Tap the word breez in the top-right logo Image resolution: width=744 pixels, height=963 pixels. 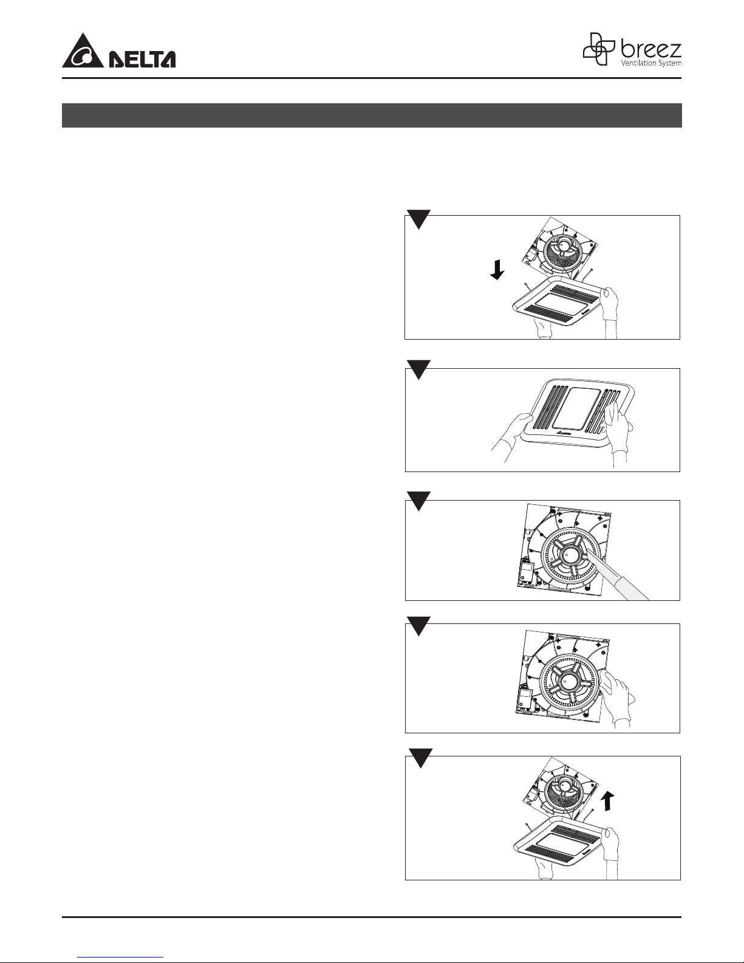point(650,49)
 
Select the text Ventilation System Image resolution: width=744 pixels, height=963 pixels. point(651,63)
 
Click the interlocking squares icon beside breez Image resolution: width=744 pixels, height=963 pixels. point(599,49)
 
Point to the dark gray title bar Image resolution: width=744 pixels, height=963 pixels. point(372,115)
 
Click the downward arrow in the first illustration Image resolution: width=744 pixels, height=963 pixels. point(497,270)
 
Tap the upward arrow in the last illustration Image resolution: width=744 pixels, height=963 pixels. point(609,801)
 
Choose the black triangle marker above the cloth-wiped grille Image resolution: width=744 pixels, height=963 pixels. point(418,369)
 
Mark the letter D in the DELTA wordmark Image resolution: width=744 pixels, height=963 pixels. point(117,60)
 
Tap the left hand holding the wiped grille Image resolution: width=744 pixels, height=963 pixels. point(511,431)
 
